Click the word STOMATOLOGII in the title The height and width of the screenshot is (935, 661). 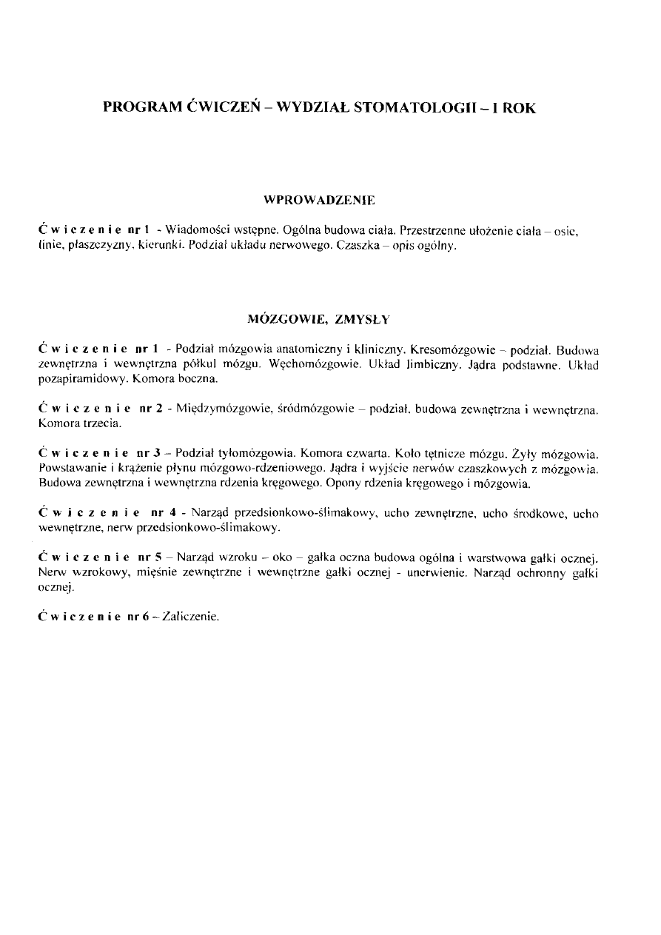[x=416, y=107]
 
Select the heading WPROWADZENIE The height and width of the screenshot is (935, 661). [x=320, y=200]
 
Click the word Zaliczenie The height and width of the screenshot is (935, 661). [x=196, y=616]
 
